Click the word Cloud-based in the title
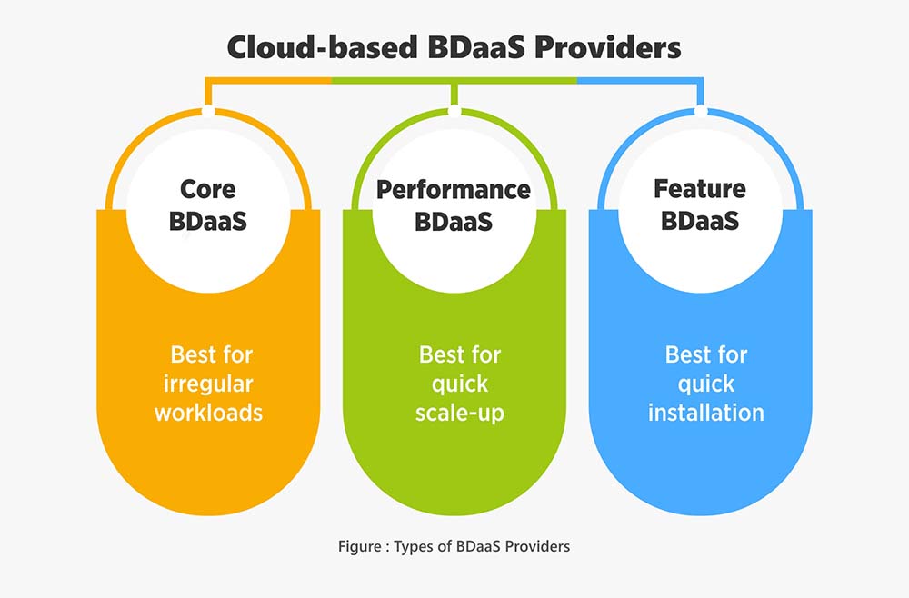[x=322, y=47]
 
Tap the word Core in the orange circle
[x=208, y=189]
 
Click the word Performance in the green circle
[x=454, y=190]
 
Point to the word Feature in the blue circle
[x=700, y=189]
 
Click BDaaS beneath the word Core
[x=208, y=222]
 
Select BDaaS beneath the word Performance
[x=454, y=222]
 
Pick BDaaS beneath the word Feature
[x=700, y=221]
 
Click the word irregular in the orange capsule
[x=208, y=384]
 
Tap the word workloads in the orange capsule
[x=208, y=413]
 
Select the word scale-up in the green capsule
[x=460, y=414]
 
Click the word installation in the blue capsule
[x=706, y=413]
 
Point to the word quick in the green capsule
[x=460, y=384]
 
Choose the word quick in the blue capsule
[x=706, y=384]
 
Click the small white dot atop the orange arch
[x=208, y=111]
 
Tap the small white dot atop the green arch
[x=454, y=111]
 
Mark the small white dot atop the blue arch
[x=701, y=111]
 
